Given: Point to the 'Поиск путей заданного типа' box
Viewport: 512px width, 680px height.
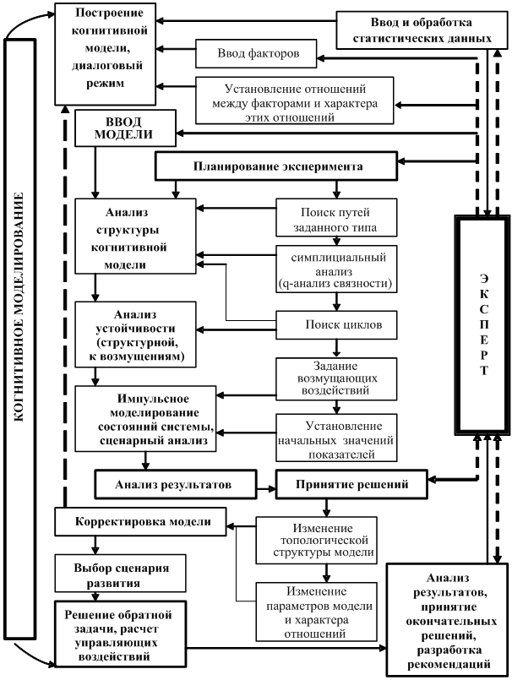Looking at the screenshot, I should tap(335, 219).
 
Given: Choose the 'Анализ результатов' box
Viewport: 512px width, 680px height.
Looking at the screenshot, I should tap(174, 484).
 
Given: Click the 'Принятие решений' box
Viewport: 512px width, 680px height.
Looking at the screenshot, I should tap(352, 484).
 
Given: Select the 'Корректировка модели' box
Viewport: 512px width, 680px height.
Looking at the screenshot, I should tap(141, 521).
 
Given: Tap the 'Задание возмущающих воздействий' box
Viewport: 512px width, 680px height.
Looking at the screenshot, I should tap(335, 378).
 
